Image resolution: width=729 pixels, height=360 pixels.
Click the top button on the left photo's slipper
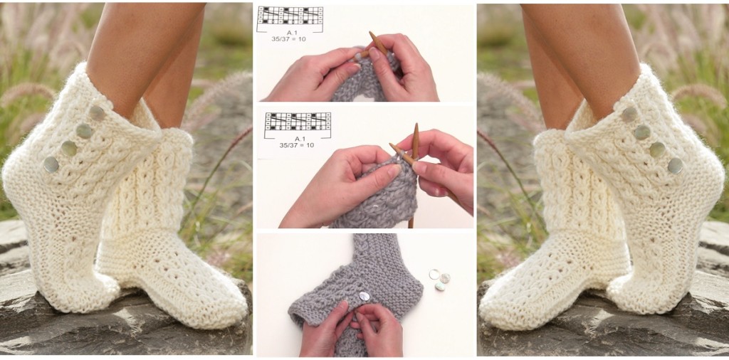pyautogui.click(x=97, y=112)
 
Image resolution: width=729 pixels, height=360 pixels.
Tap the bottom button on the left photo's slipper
pyautogui.click(x=51, y=164)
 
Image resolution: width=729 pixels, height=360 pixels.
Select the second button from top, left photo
pyautogui.click(x=84, y=130)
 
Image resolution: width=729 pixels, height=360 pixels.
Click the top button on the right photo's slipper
pyautogui.click(x=629, y=113)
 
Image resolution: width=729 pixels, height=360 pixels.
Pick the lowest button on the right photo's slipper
pyautogui.click(x=675, y=166)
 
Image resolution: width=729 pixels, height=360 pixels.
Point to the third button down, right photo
pyautogui.click(x=657, y=149)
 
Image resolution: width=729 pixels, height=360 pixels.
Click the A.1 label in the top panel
pyautogui.click(x=292, y=33)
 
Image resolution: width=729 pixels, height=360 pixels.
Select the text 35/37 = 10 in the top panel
pyautogui.click(x=292, y=41)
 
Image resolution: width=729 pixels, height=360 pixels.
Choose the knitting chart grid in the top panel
pyautogui.click(x=290, y=16)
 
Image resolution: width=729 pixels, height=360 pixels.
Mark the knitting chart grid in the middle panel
pyautogui.click(x=298, y=120)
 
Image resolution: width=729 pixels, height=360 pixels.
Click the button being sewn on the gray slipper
pyautogui.click(x=364, y=296)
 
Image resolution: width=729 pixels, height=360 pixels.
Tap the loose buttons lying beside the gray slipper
pyautogui.click(x=439, y=279)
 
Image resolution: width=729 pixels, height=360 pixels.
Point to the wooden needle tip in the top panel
pyautogui.click(x=372, y=36)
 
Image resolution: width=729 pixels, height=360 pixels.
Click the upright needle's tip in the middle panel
pyautogui.click(x=415, y=128)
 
